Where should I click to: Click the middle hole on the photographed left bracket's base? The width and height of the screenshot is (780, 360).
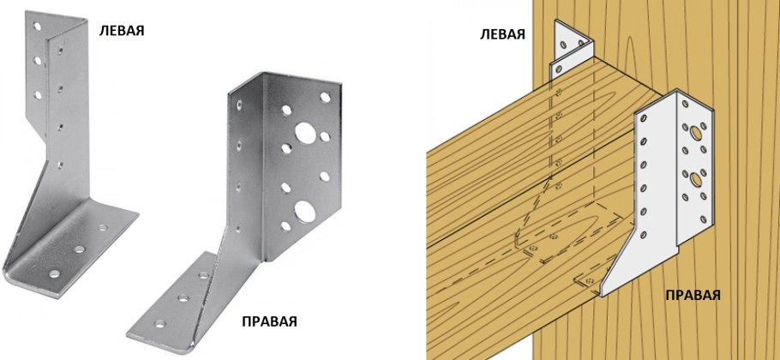coord(79,249)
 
